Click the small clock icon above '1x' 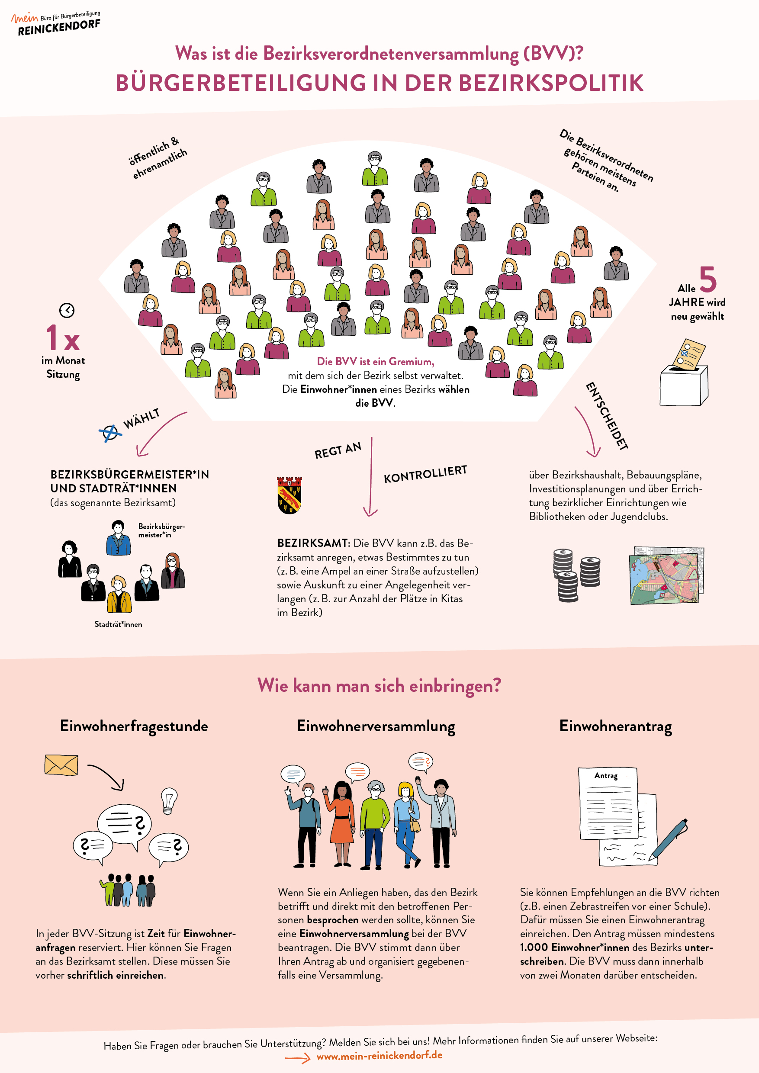click(67, 310)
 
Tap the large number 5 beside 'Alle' click(708, 279)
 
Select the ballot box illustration click(684, 374)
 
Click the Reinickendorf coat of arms click(289, 495)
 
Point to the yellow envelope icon click(61, 765)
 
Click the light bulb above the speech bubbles click(169, 800)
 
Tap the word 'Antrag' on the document click(606, 776)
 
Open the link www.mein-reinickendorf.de click(379, 1055)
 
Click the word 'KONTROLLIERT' click(425, 474)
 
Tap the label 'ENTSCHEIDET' click(607, 416)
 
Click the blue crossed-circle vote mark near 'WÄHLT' click(110, 433)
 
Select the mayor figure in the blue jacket click(118, 538)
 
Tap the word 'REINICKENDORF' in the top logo click(59, 28)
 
